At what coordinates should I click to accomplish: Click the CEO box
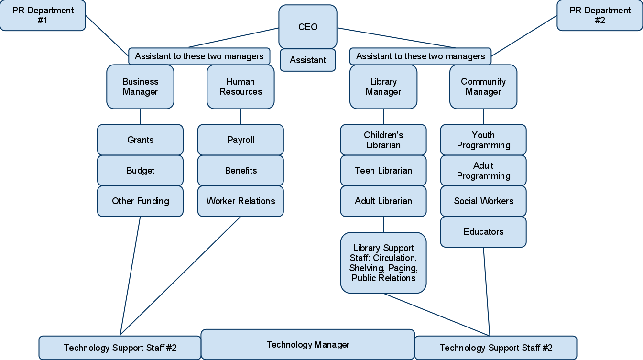308,27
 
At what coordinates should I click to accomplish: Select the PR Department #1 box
43,16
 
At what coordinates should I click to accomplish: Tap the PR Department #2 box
599,16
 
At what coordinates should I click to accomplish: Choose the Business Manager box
140,87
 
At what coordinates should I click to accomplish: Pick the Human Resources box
240,87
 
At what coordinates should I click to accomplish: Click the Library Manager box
383,87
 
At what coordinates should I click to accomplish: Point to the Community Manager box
483,87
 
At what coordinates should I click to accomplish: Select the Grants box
140,140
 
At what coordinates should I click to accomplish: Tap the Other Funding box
140,201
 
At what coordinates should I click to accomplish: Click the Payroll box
240,140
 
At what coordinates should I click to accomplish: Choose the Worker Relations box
240,201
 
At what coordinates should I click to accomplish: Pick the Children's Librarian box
383,140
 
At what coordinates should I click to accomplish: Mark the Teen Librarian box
383,171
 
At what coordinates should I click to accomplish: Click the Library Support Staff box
383,263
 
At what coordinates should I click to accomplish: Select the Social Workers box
483,201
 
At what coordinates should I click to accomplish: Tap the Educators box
483,232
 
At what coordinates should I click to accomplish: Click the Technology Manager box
308,344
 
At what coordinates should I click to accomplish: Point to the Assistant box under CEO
308,60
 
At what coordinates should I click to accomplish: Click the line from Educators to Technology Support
487,292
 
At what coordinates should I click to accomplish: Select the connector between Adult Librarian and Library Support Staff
383,224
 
